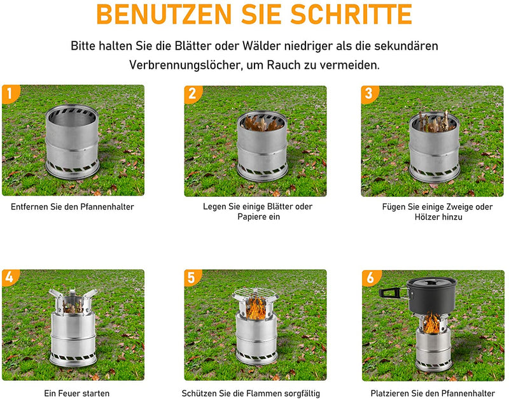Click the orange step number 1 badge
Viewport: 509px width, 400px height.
click(x=10, y=94)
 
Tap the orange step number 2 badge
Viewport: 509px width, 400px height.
click(x=193, y=94)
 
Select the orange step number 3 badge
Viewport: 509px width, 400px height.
click(x=369, y=94)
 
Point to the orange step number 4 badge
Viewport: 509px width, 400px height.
click(x=10, y=278)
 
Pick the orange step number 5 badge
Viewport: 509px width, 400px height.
click(x=192, y=278)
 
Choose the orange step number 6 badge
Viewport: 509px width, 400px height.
click(x=371, y=278)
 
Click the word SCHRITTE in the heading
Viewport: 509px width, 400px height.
click(x=351, y=14)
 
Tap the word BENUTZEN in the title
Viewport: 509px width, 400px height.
click(x=164, y=14)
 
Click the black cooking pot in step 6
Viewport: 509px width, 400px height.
click(x=431, y=296)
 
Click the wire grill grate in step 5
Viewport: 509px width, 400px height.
click(x=255, y=294)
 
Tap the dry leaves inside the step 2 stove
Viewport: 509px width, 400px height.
click(x=261, y=124)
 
